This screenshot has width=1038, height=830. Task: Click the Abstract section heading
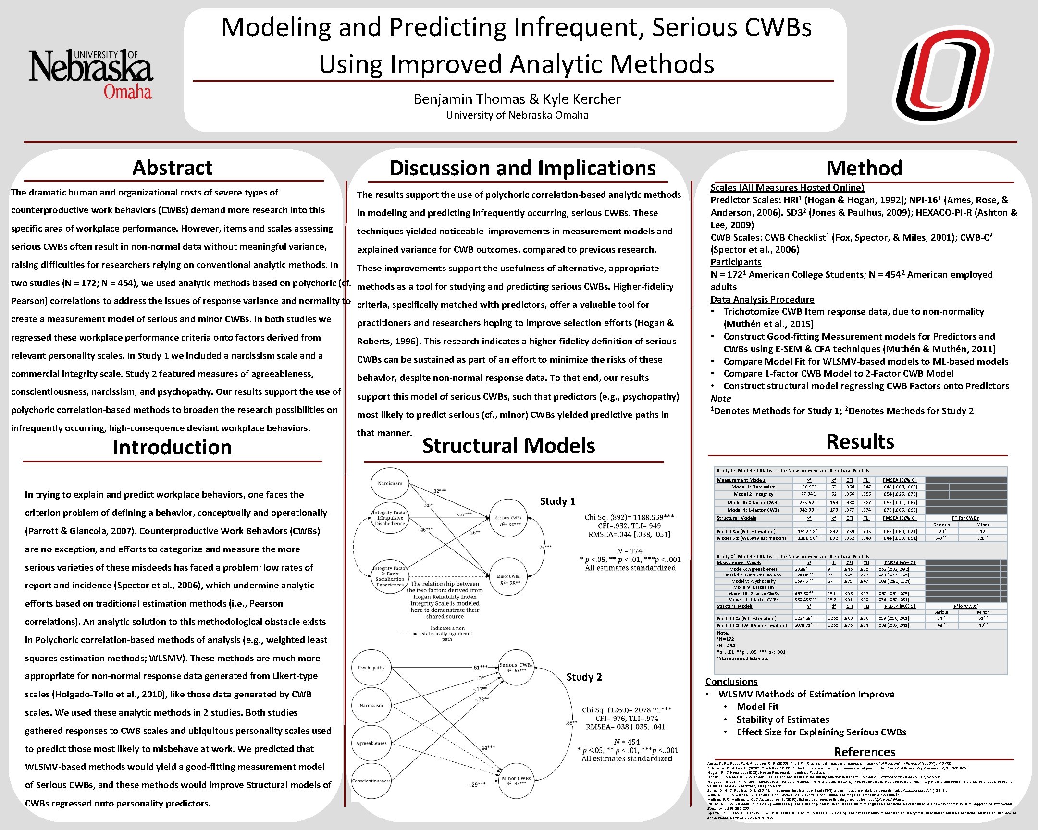click(172, 168)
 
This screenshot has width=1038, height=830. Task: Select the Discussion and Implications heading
click(522, 169)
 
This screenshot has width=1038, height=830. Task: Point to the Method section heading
click(864, 169)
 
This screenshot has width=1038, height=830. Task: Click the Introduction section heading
click(172, 448)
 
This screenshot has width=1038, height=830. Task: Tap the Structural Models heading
click(508, 446)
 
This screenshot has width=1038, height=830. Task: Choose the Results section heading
click(860, 442)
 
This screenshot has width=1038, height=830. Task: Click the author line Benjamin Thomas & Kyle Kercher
click(517, 99)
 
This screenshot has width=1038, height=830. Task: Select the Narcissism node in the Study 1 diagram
click(390, 483)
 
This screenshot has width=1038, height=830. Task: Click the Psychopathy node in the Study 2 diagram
click(371, 667)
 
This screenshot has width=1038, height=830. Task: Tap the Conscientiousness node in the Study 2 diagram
click(371, 781)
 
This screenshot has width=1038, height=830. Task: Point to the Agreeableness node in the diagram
click(371, 743)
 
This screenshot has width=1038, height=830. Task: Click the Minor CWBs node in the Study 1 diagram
click(508, 579)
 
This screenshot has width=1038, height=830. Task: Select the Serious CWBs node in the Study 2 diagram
click(516, 667)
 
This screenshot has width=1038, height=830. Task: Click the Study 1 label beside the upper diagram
click(557, 501)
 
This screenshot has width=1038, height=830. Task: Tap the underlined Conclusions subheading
click(731, 682)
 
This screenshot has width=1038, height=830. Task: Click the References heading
click(864, 752)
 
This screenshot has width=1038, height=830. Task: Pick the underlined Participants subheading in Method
click(736, 262)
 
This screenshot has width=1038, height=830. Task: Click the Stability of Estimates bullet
click(782, 720)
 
